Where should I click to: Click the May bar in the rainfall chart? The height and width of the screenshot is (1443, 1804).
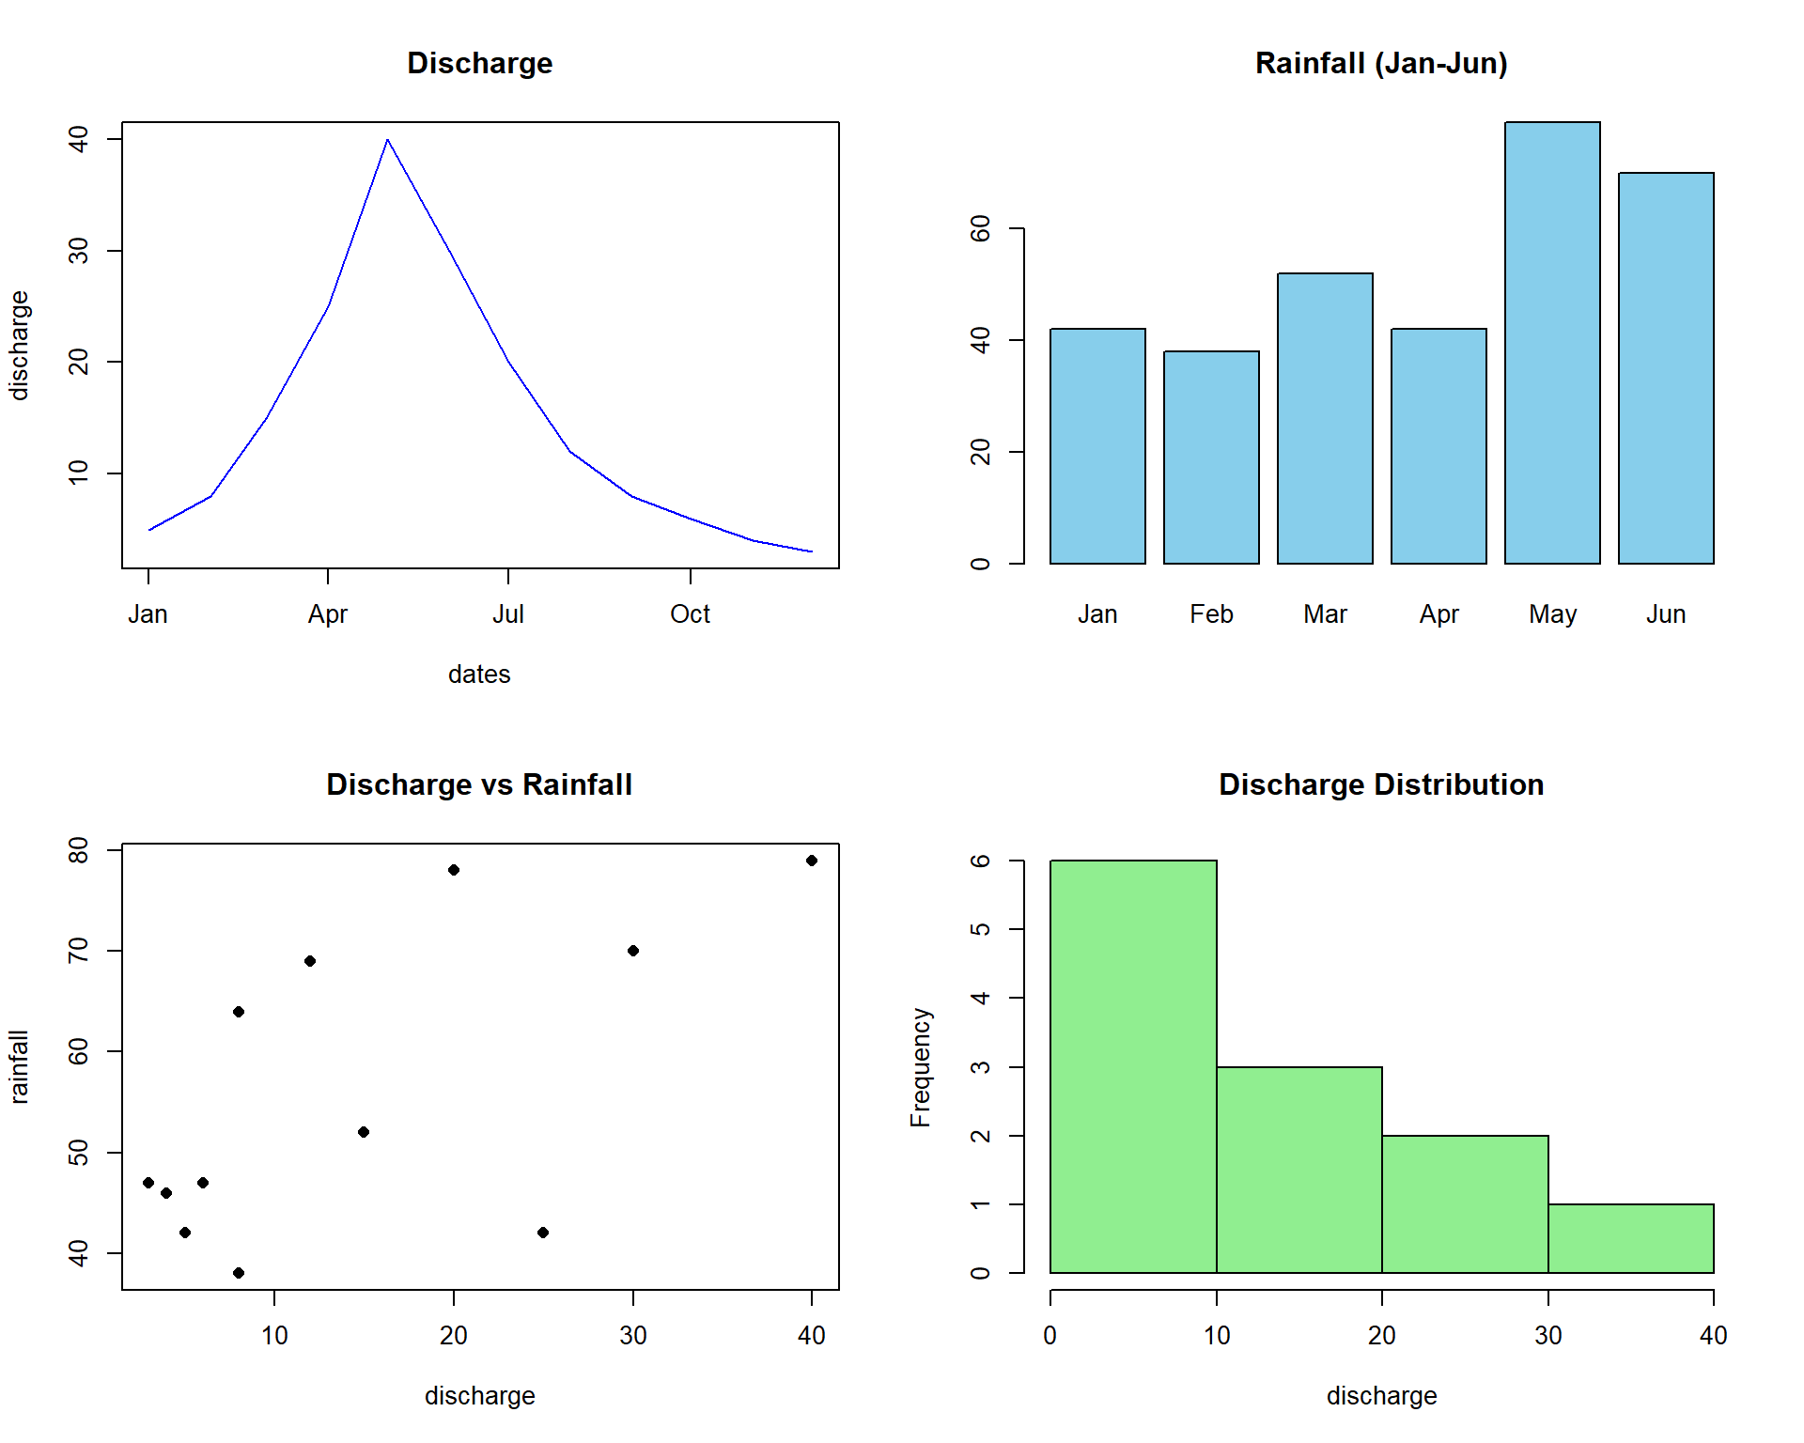(1552, 343)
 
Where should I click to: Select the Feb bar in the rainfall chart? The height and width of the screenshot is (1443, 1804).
(1211, 458)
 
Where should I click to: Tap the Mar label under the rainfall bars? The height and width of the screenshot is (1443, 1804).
(1325, 614)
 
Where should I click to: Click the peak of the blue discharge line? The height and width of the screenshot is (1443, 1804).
(387, 140)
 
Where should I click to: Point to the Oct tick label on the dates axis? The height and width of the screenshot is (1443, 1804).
(690, 614)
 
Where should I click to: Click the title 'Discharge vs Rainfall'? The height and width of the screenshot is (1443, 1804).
(479, 784)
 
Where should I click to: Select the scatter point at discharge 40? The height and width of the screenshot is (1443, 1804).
(812, 861)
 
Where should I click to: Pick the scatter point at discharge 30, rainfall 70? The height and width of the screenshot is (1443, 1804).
(633, 951)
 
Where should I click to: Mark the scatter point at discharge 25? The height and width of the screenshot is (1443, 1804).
(543, 1233)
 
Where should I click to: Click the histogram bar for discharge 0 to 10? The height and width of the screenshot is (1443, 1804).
(1133, 1066)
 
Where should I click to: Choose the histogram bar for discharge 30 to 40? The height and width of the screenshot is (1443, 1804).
(1631, 1238)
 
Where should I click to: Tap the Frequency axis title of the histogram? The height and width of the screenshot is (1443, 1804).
(921, 1067)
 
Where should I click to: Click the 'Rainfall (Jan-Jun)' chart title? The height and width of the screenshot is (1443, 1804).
(1381, 63)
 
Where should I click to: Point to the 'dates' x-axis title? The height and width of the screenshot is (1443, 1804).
(479, 675)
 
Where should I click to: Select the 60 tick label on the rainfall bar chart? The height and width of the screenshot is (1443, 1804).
(981, 228)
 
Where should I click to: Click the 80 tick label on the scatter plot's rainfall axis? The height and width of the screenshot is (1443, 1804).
(79, 850)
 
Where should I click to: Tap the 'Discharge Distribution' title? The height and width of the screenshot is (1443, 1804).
(1381, 784)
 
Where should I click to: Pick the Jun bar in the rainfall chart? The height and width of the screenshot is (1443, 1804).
(1666, 368)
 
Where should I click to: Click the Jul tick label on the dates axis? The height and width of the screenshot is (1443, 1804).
(508, 614)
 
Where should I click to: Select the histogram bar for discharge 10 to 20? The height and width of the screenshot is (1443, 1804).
(1299, 1170)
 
